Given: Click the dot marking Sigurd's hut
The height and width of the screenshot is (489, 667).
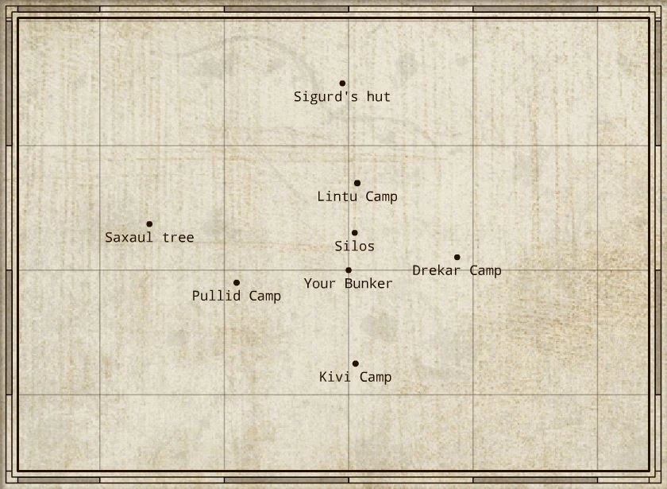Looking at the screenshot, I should click(x=342, y=83).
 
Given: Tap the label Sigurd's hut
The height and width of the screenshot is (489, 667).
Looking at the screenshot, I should click(x=342, y=97).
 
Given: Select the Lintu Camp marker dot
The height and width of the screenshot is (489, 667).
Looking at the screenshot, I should click(x=357, y=183).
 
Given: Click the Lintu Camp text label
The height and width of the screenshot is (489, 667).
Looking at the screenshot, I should click(x=357, y=196).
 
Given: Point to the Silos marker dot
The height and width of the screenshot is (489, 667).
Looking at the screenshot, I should click(x=354, y=233).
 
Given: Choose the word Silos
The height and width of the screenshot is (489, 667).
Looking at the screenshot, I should click(x=354, y=246).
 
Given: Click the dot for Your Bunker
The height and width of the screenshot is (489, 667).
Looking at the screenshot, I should click(x=349, y=270).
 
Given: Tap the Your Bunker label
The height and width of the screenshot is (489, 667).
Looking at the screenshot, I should click(x=349, y=284).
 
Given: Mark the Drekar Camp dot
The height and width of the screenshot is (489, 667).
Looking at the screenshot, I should click(x=457, y=257).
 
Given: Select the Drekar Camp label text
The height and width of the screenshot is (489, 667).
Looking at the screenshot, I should click(x=457, y=270).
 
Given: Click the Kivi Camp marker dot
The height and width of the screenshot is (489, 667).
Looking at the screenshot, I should click(x=355, y=363).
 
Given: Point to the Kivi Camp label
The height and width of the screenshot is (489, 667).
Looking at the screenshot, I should click(x=355, y=377).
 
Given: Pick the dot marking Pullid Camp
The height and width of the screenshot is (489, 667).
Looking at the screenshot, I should click(x=237, y=282).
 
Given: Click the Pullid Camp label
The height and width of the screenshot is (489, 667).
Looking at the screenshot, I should click(x=237, y=296).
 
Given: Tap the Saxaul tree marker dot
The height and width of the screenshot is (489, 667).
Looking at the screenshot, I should click(x=149, y=224).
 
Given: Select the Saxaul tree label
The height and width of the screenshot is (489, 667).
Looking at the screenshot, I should click(x=149, y=238).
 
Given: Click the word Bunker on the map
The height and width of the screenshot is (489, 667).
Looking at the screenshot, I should click(x=369, y=284).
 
